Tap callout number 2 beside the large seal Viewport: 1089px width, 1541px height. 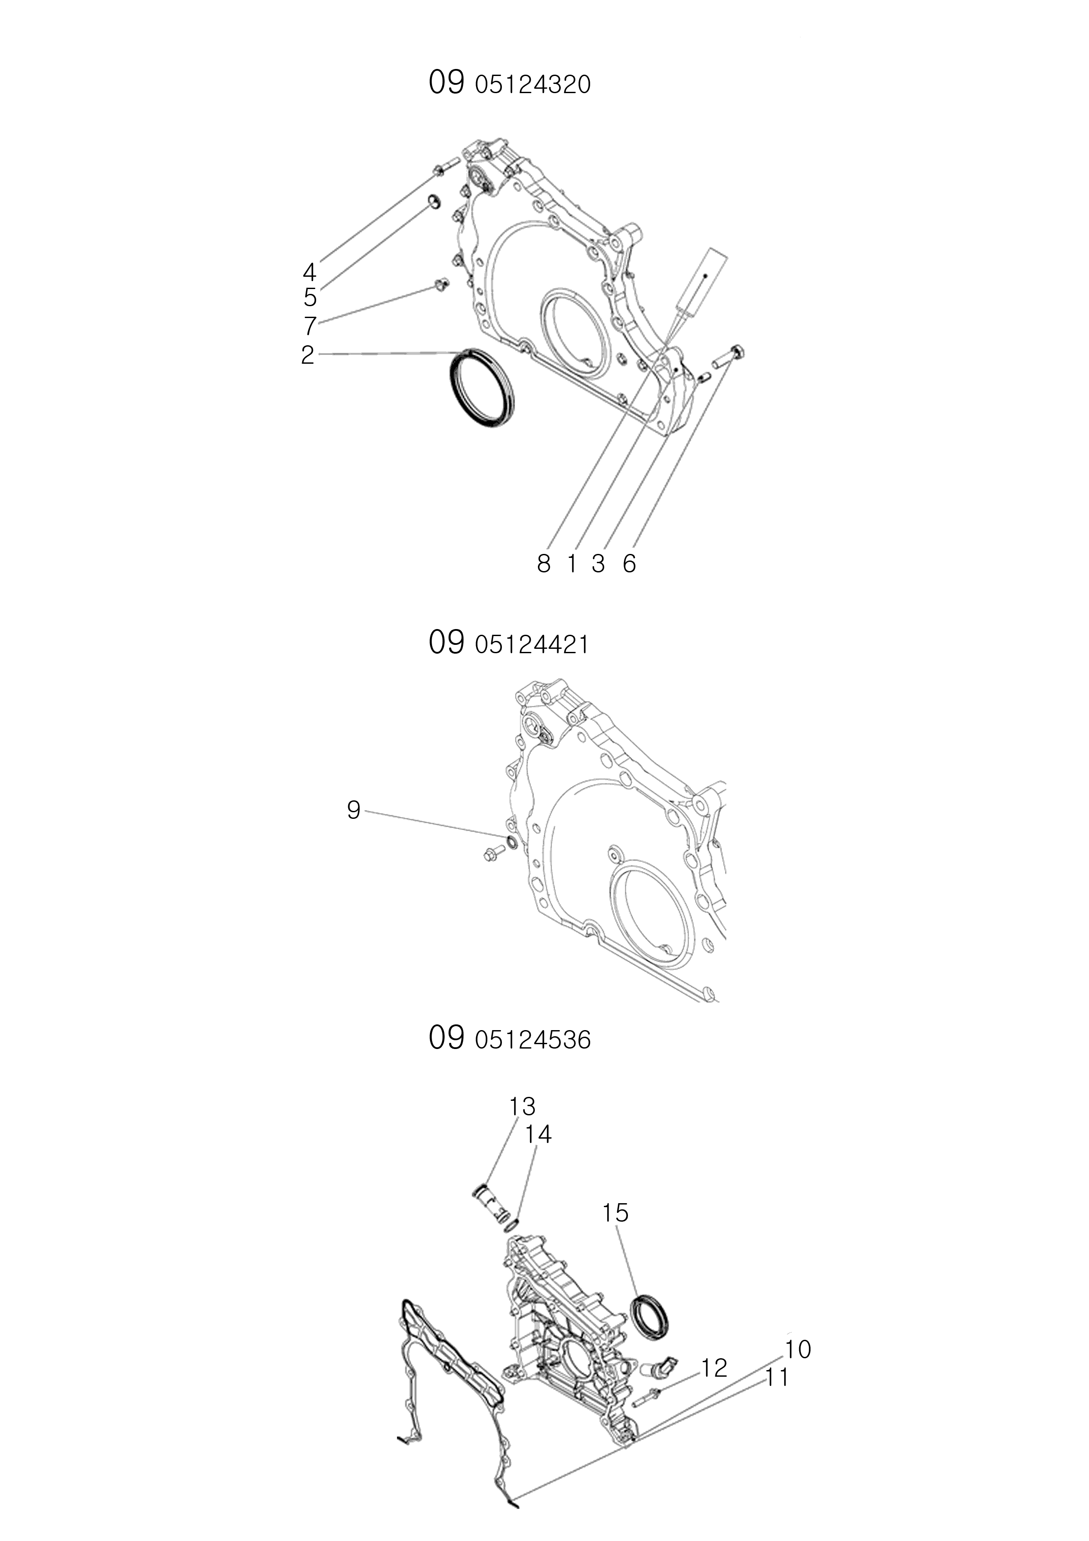pos(308,355)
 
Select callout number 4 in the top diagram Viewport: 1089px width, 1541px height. pos(309,272)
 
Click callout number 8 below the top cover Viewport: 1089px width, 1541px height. pos(544,564)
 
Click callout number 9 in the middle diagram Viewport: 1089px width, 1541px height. pos(353,811)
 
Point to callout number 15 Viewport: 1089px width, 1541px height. pos(615,1213)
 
